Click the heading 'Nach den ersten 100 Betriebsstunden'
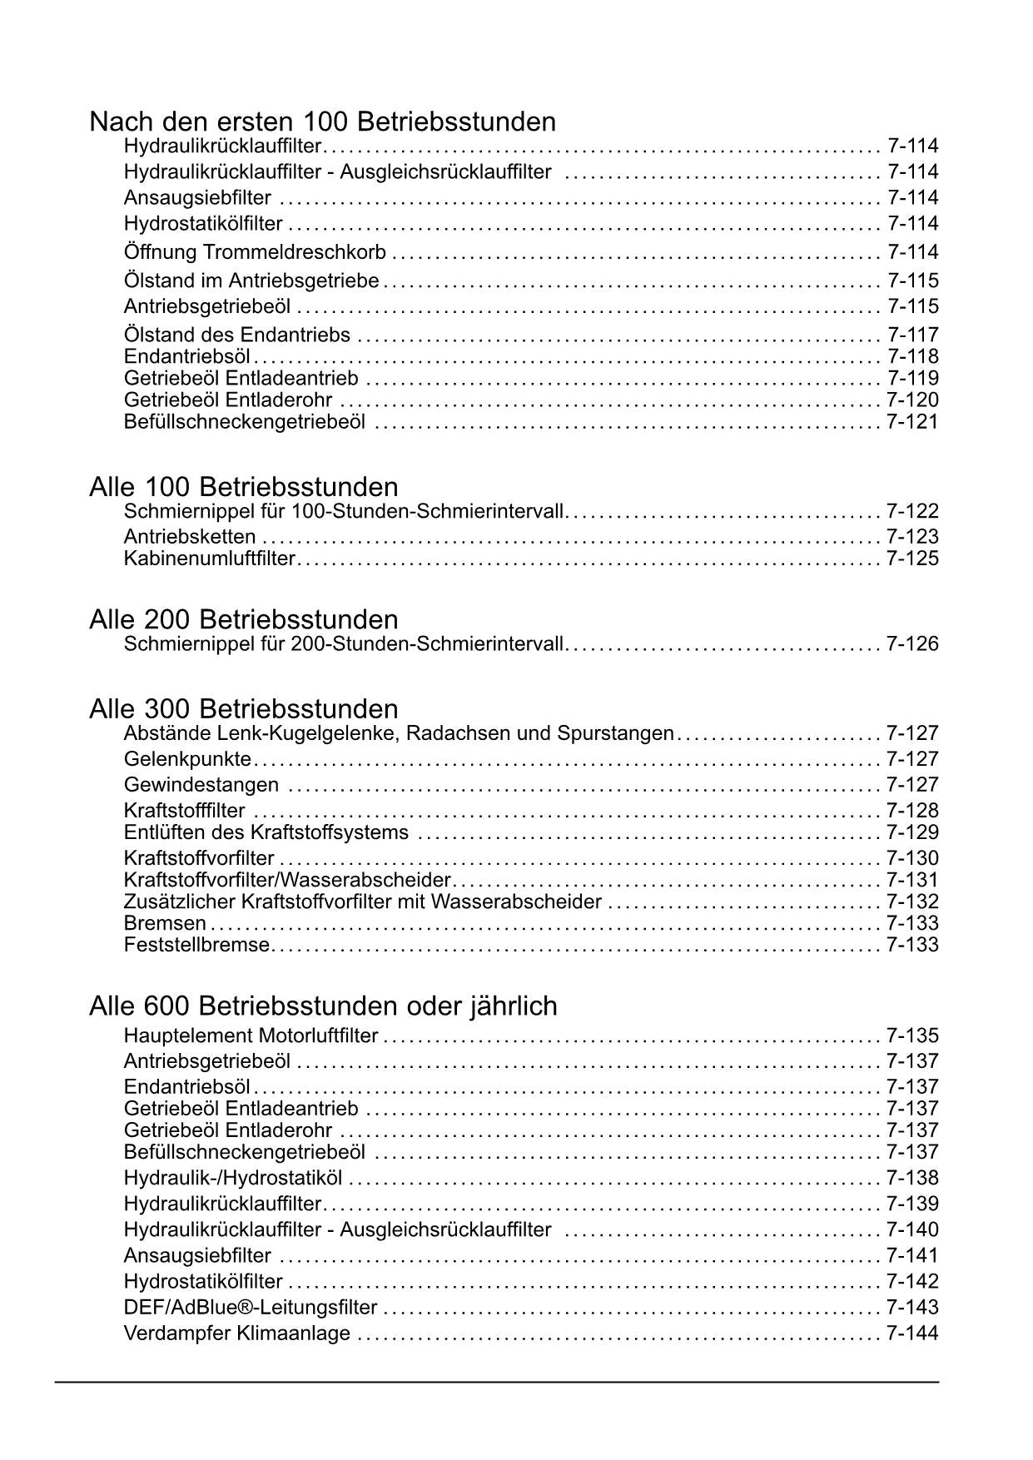click(322, 122)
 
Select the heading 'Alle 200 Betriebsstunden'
click(243, 619)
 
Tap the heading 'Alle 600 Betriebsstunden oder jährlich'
click(323, 1006)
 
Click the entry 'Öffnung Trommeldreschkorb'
click(255, 252)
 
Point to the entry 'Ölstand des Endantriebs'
click(237, 335)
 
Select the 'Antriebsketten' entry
click(190, 537)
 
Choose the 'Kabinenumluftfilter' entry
click(209, 559)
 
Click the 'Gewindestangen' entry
click(201, 785)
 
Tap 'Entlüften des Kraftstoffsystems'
click(266, 832)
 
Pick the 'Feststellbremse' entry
click(196, 945)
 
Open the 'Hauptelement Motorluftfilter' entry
click(251, 1036)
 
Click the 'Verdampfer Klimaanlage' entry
click(237, 1333)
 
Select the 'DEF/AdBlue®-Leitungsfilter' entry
click(251, 1308)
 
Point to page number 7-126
click(912, 644)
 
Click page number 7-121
click(912, 422)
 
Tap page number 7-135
click(912, 1036)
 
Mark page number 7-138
click(912, 1179)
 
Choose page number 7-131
click(912, 881)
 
